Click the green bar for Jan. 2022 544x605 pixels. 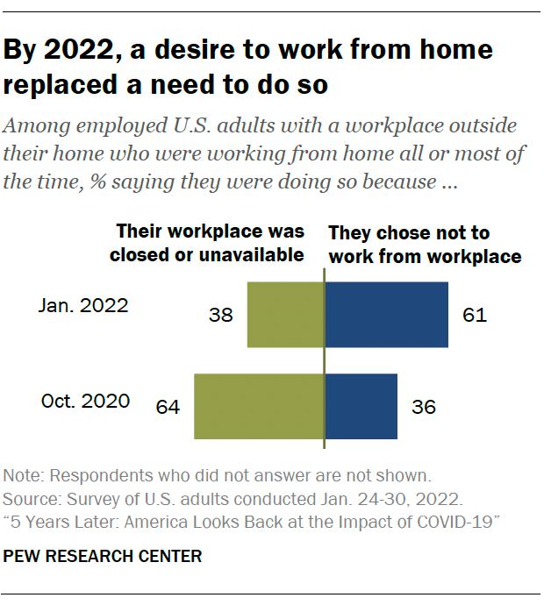(286, 314)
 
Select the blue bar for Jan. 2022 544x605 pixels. (387, 314)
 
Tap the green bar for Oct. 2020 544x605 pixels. (259, 406)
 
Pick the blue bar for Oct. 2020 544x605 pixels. (361, 406)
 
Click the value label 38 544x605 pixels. (221, 315)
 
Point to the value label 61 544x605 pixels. (474, 315)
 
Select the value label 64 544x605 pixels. (168, 407)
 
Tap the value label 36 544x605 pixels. (423, 407)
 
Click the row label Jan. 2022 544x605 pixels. (84, 307)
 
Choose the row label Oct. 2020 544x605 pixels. (86, 401)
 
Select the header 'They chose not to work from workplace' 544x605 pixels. (425, 245)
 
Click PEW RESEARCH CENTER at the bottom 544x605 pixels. (103, 556)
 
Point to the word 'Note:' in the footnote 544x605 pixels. (24, 477)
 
